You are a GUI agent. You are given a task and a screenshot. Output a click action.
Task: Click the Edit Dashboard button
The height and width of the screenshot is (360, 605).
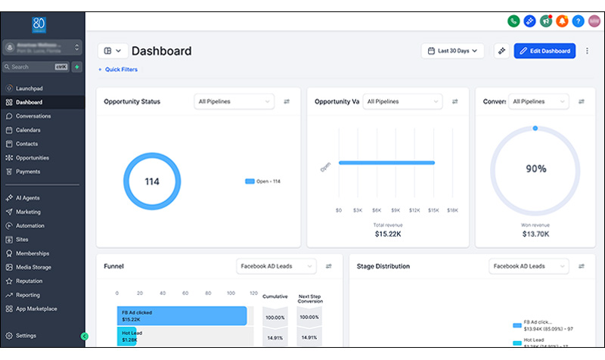(544, 51)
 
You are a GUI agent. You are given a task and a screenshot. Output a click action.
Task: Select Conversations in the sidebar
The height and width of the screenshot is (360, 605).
(33, 116)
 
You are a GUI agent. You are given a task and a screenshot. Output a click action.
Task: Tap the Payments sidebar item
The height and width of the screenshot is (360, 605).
(28, 172)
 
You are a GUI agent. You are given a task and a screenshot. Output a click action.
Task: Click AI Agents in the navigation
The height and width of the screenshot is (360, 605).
(28, 197)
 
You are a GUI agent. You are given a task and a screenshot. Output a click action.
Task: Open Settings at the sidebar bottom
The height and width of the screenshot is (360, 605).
(26, 335)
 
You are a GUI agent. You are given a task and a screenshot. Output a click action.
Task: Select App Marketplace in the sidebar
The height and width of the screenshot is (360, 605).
(36, 309)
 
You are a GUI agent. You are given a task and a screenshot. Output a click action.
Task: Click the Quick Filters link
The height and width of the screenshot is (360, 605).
(118, 70)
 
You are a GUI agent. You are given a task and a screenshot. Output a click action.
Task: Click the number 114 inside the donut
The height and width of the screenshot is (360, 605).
(152, 182)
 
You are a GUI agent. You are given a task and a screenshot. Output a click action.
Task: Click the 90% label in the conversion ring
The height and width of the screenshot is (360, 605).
(536, 169)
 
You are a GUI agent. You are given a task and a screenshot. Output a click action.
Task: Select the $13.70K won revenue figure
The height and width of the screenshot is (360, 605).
(536, 234)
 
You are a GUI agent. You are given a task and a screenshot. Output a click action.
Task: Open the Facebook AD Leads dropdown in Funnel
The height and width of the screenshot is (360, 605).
(276, 266)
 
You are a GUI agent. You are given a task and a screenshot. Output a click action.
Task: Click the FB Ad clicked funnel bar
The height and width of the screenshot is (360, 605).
(181, 315)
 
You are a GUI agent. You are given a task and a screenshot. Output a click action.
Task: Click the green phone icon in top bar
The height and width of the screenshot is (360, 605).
(513, 20)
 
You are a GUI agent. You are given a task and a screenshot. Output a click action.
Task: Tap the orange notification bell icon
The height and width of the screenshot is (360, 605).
(561, 20)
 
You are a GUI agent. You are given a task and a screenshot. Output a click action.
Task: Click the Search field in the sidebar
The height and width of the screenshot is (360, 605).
(34, 67)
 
